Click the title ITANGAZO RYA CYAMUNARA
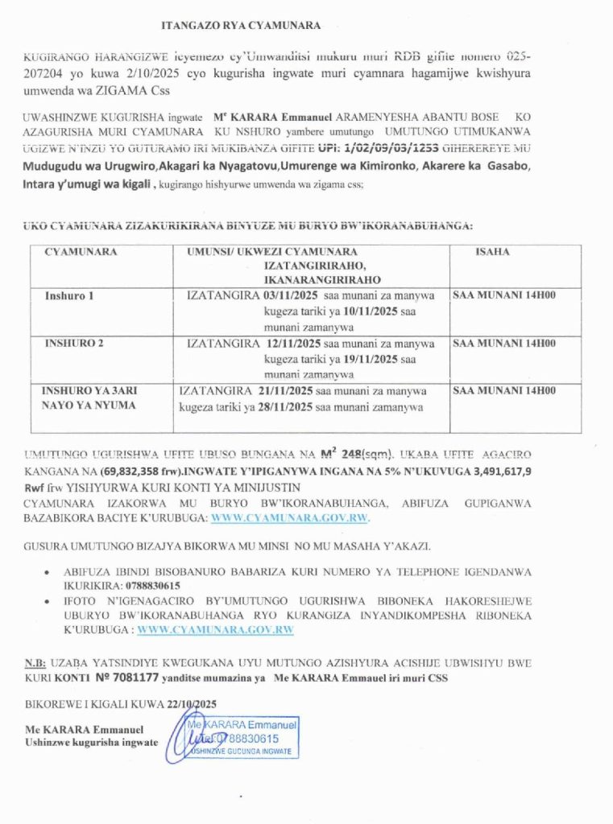242,25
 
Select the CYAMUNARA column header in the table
81,252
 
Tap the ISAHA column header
491,252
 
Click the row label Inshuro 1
69,296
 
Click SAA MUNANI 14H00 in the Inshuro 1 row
504,295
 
